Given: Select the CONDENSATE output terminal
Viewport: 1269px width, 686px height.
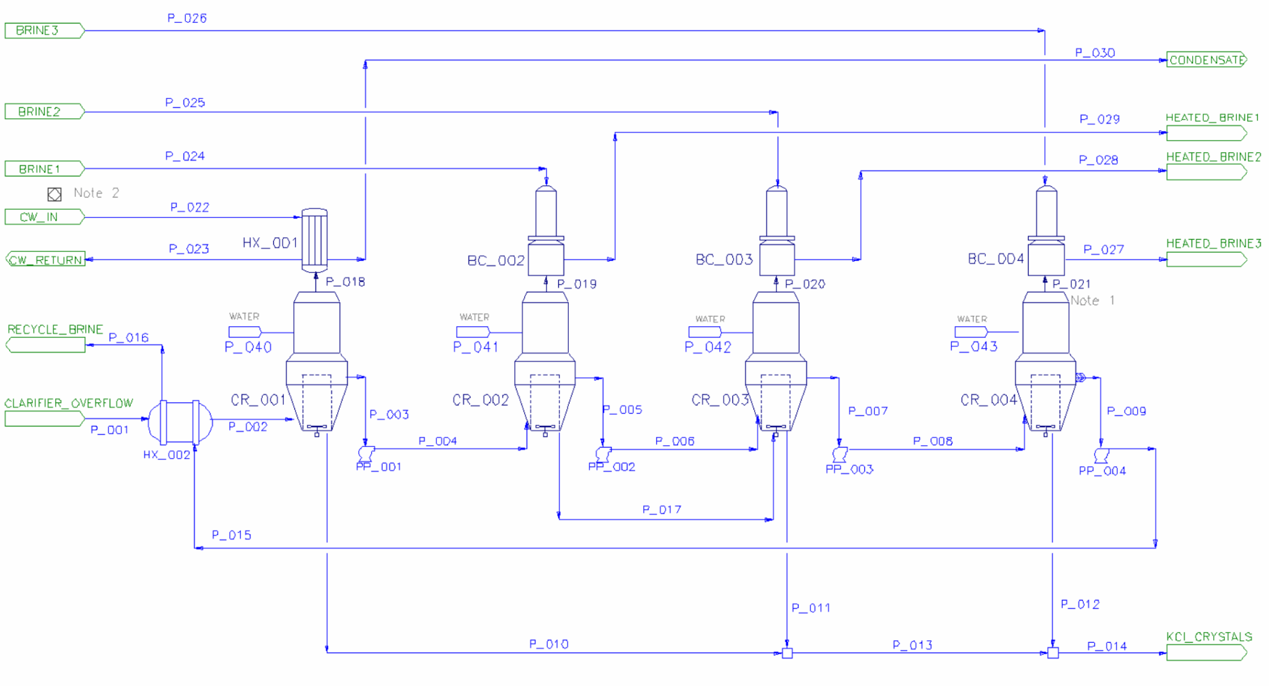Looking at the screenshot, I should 1206,60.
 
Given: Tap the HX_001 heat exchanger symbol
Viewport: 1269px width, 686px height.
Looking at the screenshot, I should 314,240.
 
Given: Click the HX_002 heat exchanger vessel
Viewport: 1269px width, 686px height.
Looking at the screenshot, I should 180,422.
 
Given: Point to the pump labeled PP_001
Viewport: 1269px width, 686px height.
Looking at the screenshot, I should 366,453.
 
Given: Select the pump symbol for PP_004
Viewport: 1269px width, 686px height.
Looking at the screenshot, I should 1101,456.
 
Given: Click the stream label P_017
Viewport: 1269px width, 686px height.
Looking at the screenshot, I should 661,510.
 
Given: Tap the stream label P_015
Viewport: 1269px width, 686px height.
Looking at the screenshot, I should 231,535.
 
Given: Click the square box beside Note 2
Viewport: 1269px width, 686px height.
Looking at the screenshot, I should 55,194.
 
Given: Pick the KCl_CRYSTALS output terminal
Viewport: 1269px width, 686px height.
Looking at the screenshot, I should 1206,653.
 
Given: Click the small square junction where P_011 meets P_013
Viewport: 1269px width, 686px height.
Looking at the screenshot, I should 787,653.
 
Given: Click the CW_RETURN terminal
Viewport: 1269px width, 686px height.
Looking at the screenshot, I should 45,260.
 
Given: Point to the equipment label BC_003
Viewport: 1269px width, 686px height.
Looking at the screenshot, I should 724,259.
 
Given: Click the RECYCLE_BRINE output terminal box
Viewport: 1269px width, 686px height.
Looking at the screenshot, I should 45,345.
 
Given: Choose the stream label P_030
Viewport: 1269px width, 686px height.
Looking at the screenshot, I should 1094,53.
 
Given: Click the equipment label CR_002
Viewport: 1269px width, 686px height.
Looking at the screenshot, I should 480,400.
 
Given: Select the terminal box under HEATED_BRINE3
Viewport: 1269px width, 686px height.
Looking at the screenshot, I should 1206,260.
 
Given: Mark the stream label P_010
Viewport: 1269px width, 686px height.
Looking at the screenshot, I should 548,644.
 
